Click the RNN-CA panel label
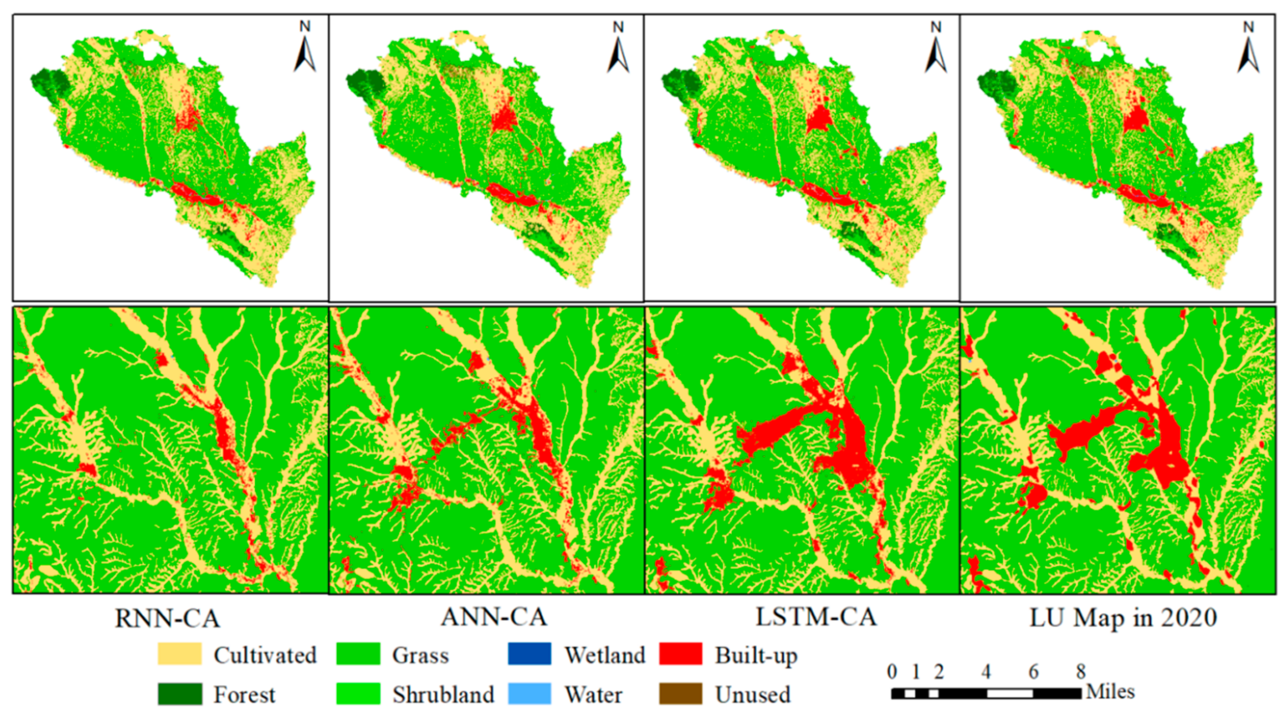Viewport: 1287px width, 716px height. point(168,618)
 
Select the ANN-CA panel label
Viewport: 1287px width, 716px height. point(494,617)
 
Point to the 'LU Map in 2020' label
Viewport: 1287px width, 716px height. point(1123,618)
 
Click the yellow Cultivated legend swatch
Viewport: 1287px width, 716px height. point(179,654)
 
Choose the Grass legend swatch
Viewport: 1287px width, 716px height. point(358,654)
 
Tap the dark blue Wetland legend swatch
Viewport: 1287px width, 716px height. point(530,654)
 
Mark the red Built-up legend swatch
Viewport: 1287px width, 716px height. point(680,654)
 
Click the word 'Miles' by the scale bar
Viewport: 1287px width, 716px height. point(1110,692)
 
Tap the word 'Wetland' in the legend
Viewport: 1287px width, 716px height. point(605,655)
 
